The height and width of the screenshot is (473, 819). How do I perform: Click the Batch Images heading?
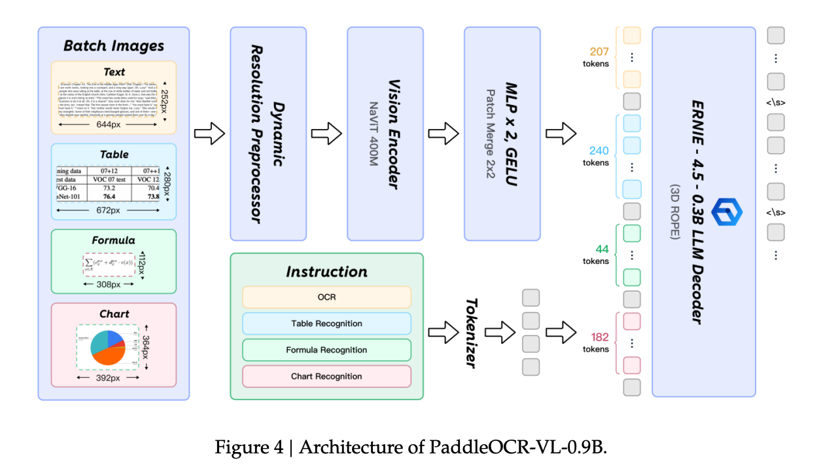tap(113, 46)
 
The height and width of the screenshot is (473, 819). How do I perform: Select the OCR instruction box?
tap(326, 297)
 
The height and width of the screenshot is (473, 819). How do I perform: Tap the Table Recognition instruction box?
tap(326, 324)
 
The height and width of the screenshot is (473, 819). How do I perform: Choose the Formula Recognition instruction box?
tap(326, 350)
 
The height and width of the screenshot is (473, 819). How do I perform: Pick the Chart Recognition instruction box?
tap(326, 377)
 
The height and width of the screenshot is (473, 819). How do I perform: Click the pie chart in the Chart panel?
tap(107, 347)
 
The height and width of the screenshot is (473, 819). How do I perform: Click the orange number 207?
tap(599, 52)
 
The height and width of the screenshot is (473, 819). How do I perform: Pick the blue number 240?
tap(599, 151)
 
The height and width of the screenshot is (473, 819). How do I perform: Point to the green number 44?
tap(601, 249)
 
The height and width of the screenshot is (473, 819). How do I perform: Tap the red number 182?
tap(599, 337)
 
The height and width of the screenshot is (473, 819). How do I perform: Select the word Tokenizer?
tap(470, 332)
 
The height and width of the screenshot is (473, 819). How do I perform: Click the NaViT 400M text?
tap(374, 134)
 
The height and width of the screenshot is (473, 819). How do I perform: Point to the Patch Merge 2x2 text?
tap(491, 134)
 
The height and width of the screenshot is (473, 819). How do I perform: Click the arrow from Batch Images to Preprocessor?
tap(209, 134)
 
